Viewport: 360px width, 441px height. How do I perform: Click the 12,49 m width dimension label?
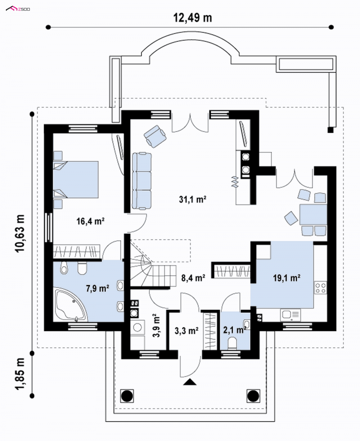coord(193,18)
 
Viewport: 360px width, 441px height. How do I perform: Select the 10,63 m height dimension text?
coord(20,233)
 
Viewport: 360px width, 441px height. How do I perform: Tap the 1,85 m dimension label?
coord(20,374)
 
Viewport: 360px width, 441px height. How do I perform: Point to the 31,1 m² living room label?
coord(193,200)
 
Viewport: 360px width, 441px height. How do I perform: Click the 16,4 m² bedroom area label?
coord(90,221)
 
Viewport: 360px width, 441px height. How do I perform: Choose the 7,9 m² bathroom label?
coord(98,288)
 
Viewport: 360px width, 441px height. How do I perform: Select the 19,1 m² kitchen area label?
coord(287,278)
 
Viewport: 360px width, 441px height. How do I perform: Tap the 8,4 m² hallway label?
coord(193,278)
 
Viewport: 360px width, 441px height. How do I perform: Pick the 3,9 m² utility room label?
coord(156,326)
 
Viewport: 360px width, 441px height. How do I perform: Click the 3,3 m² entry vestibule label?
coord(187,331)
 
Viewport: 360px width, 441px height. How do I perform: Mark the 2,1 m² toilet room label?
coord(234,330)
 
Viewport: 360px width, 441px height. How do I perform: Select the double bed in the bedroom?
coord(76,179)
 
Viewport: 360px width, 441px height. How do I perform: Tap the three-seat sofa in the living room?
coord(142,181)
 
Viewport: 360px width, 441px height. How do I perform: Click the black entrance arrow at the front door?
coord(190,382)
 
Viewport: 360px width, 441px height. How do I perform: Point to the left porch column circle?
coord(127,396)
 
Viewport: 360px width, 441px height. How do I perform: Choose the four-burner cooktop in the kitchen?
coord(320,288)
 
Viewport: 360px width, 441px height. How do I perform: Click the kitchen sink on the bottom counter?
coord(290,315)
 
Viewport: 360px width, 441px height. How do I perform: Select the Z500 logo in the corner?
coord(18,9)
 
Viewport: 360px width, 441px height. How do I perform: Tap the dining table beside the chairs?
coord(313,214)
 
